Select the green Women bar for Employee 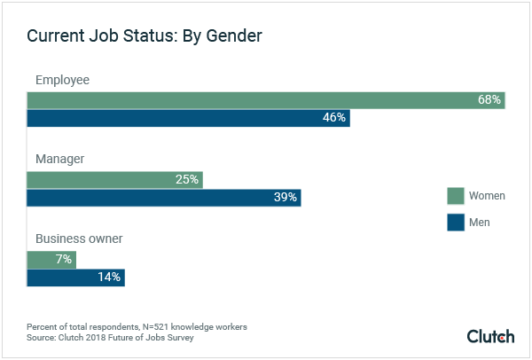[265, 99]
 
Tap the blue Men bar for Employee [188, 118]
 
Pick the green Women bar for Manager [114, 179]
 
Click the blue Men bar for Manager [164, 198]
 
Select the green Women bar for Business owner [51, 259]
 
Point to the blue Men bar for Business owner [75, 278]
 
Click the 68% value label [489, 99]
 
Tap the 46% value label [334, 118]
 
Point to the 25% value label [186, 179]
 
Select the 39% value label [286, 198]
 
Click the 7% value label [63, 259]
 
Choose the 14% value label [109, 278]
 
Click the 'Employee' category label [62, 81]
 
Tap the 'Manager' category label [59, 160]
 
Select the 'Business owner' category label [78, 239]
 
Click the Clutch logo [490, 336]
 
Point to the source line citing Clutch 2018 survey [110, 338]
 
